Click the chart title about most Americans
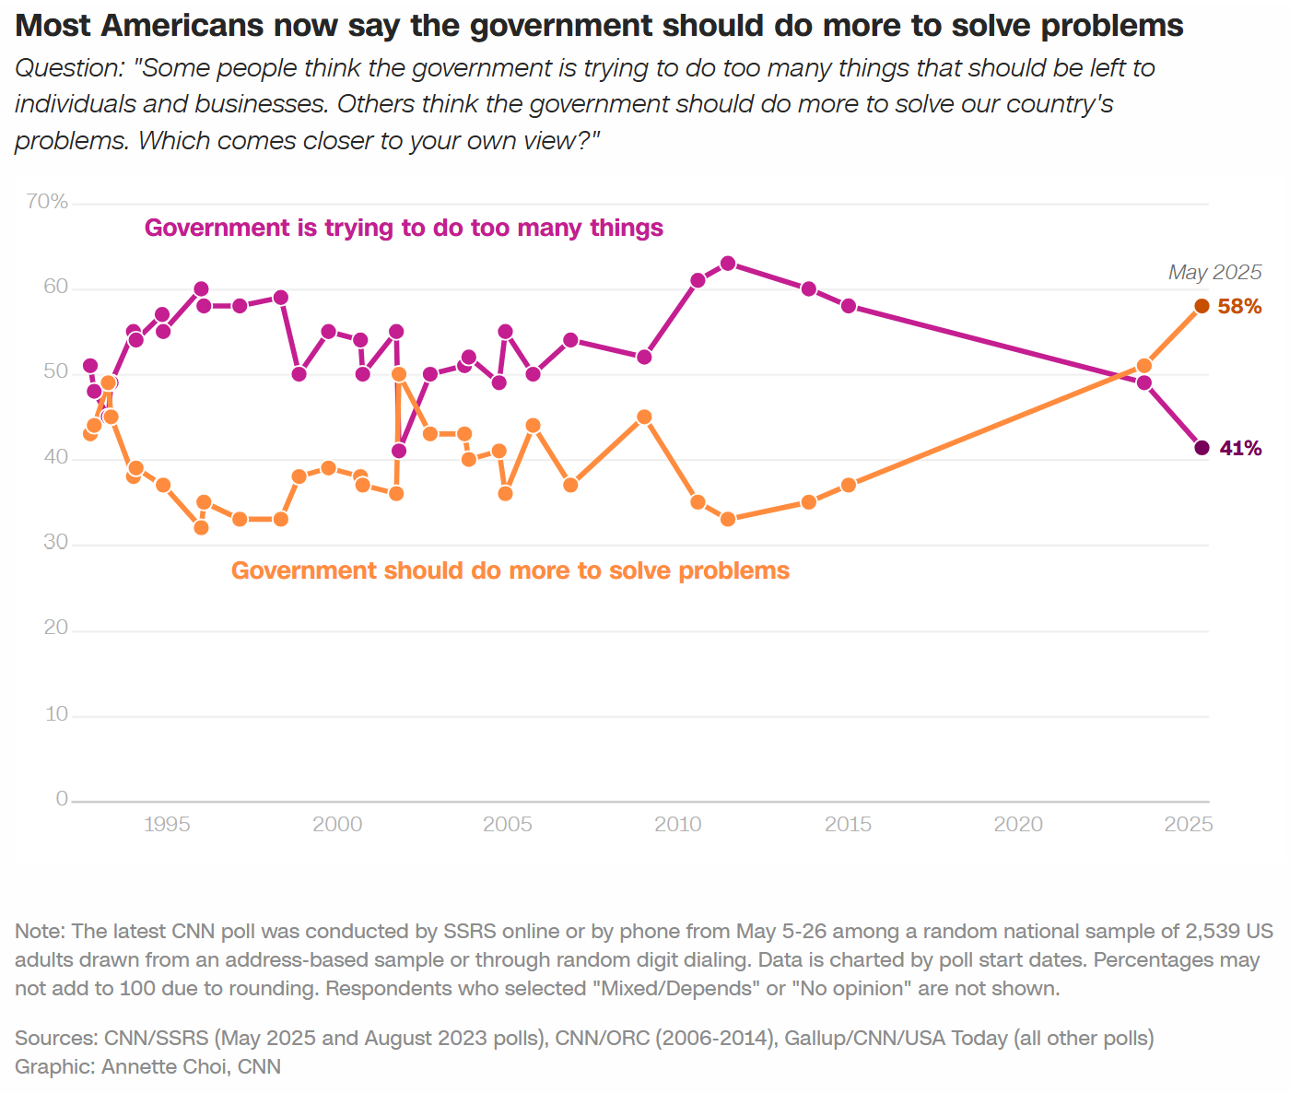(599, 26)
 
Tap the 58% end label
(1239, 307)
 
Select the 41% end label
(1240, 449)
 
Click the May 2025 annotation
(1214, 272)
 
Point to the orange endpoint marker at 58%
(1202, 306)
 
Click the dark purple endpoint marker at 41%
(1202, 448)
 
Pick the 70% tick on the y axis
(47, 202)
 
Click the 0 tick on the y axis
(62, 799)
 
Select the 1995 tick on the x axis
(167, 824)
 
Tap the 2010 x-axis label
(678, 824)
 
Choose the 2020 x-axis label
(1018, 824)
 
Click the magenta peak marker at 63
(728, 264)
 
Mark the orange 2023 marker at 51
(1143, 366)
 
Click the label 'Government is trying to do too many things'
(404, 228)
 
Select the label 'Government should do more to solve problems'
(510, 570)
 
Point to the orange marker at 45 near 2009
(644, 417)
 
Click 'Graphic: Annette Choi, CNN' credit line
(147, 1066)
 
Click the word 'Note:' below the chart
(40, 931)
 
